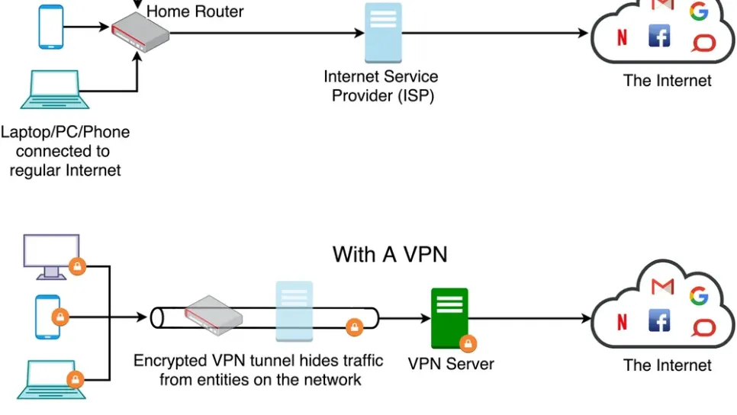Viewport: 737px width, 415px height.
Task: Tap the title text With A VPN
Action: tap(390, 254)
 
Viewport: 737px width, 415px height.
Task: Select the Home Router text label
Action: tap(195, 11)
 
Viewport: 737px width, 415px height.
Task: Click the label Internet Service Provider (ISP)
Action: tap(381, 86)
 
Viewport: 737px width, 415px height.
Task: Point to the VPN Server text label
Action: tap(450, 364)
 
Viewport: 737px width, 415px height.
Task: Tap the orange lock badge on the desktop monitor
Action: tap(77, 266)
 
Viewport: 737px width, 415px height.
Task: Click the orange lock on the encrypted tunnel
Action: tap(353, 327)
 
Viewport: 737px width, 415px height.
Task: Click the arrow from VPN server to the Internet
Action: tap(534, 317)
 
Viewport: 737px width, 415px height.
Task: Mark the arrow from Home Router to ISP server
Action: tap(267, 34)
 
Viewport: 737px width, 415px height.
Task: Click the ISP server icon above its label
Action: tap(383, 33)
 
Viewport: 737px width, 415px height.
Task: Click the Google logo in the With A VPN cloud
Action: tap(698, 296)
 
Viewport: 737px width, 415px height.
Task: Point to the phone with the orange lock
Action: tap(47, 316)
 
